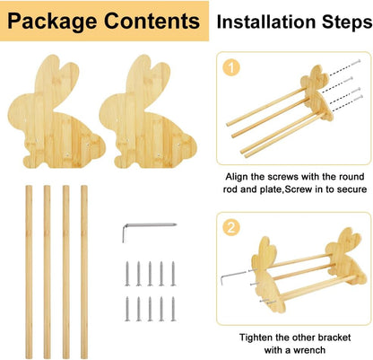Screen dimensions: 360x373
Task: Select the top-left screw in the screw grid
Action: (129, 268)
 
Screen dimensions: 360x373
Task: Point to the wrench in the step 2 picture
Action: (235, 275)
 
